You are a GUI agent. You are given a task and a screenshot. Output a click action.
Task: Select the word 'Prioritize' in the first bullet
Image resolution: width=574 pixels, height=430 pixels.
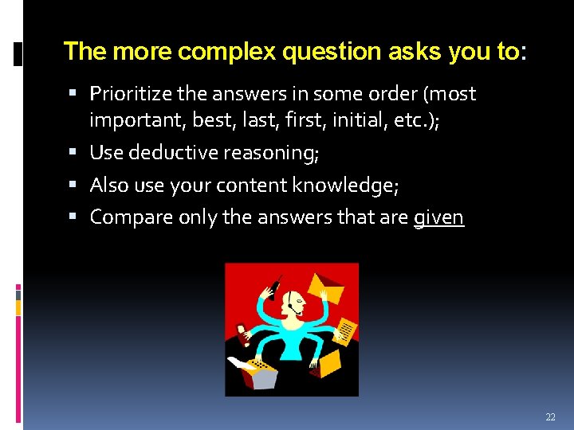point(131,94)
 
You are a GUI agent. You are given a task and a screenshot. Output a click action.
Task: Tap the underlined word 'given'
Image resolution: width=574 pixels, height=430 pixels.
point(438,217)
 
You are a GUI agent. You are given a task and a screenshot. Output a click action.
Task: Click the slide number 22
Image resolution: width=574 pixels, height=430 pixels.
point(550,417)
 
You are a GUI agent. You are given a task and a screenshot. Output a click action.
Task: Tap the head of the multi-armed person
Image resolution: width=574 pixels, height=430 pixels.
point(294,302)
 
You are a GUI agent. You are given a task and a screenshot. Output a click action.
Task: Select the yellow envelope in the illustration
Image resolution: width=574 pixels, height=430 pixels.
point(325,286)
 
